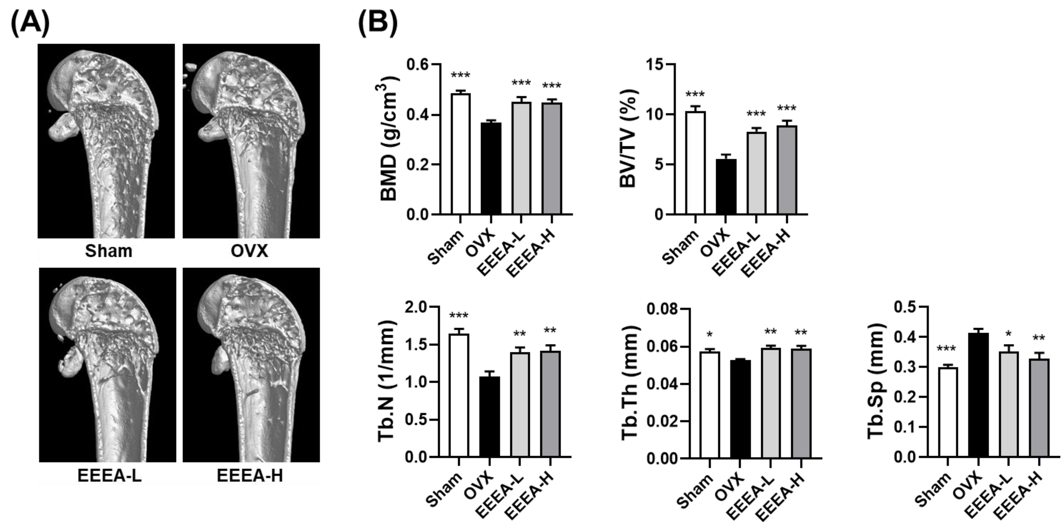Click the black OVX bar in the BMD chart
491,168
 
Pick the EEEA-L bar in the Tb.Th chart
771,403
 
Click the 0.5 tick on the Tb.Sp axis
905,307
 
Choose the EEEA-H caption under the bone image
250,476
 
